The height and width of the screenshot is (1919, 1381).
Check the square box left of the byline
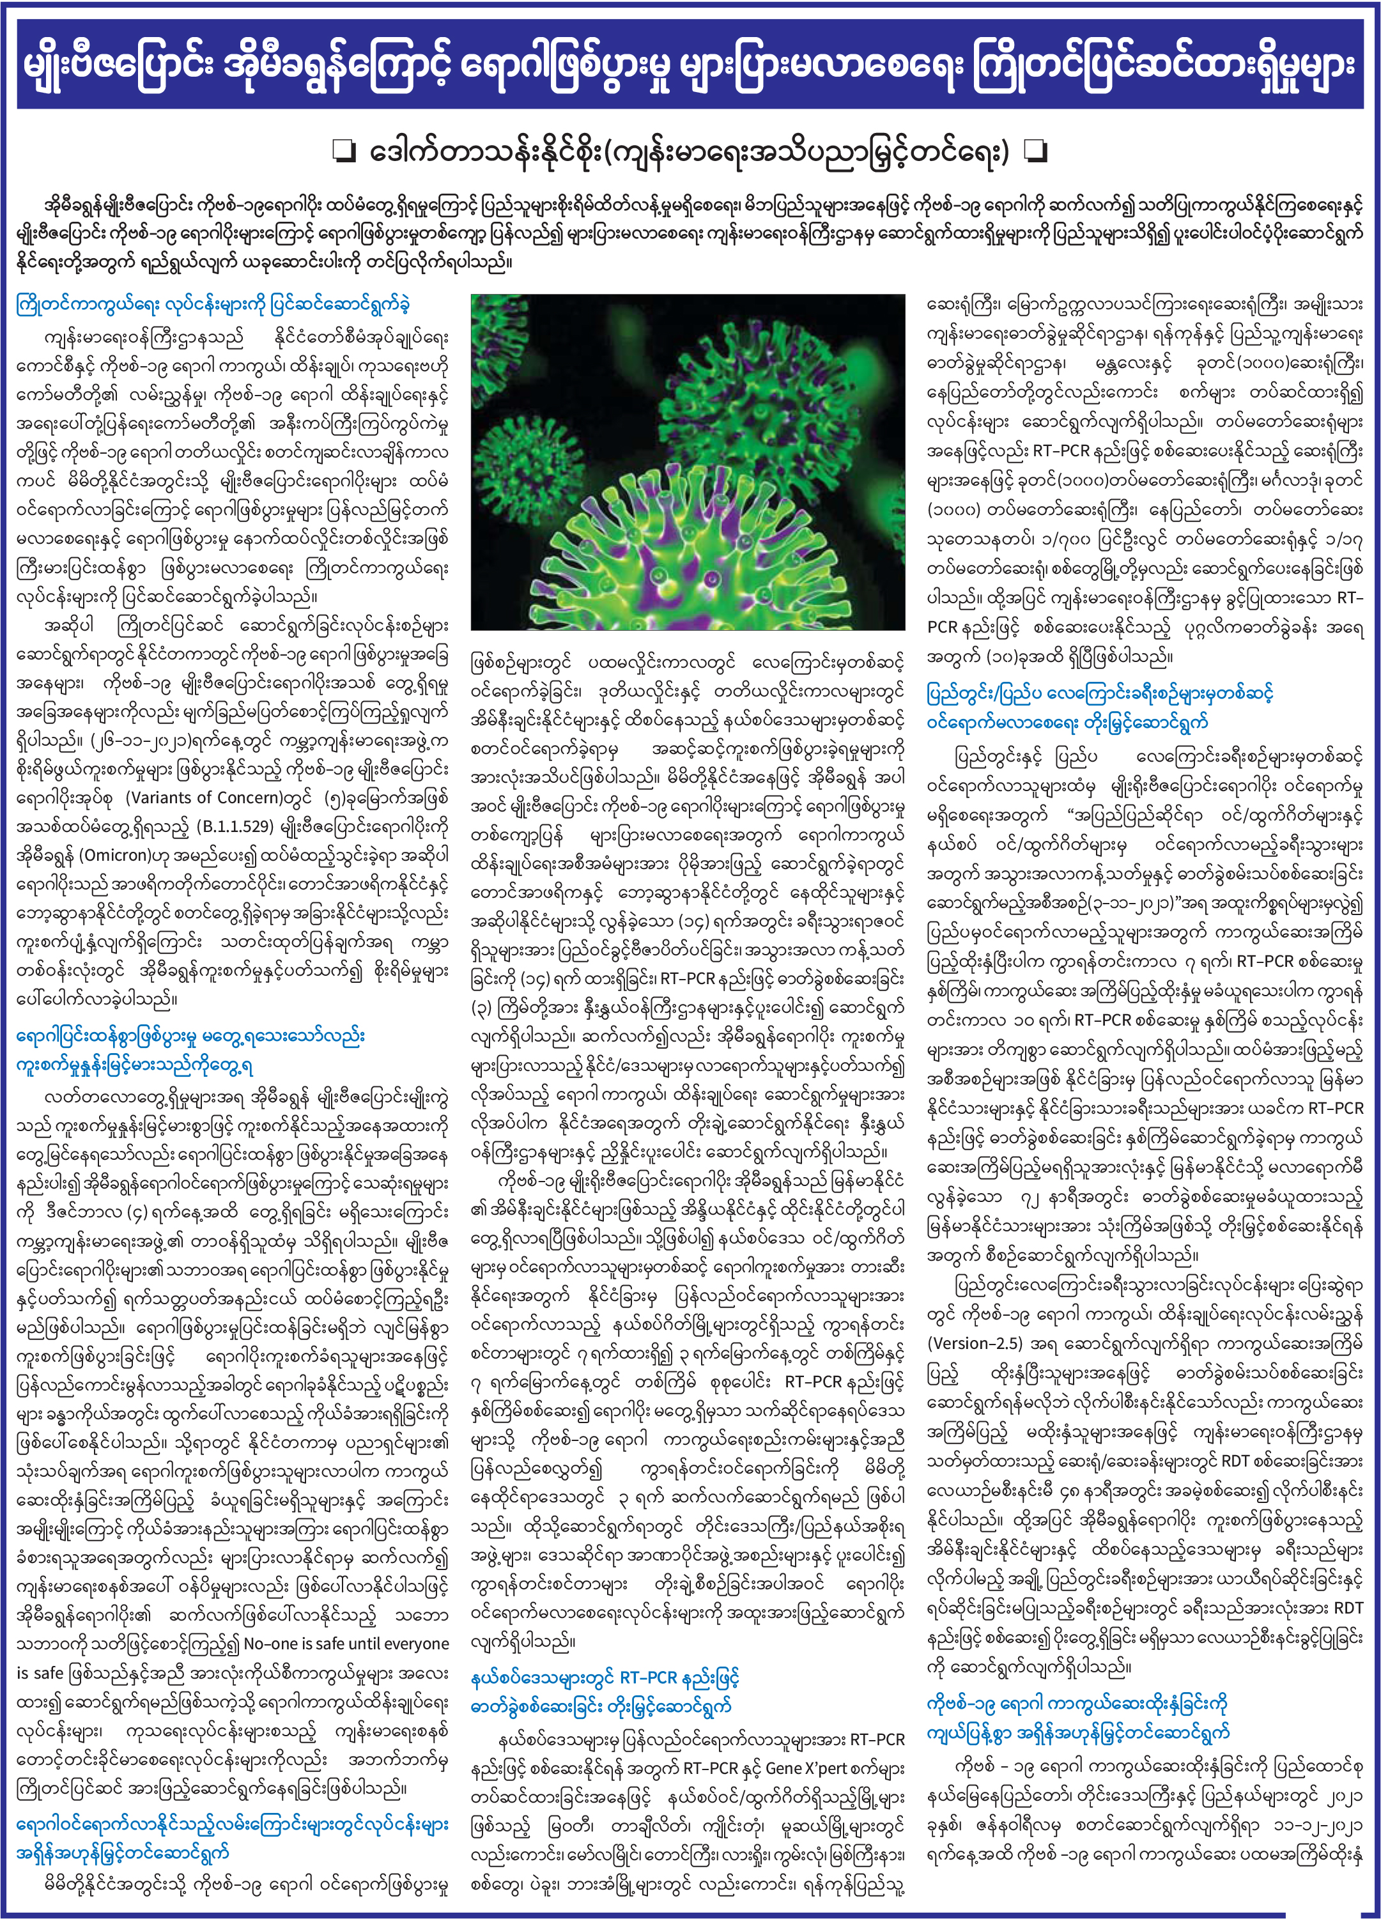coord(344,151)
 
